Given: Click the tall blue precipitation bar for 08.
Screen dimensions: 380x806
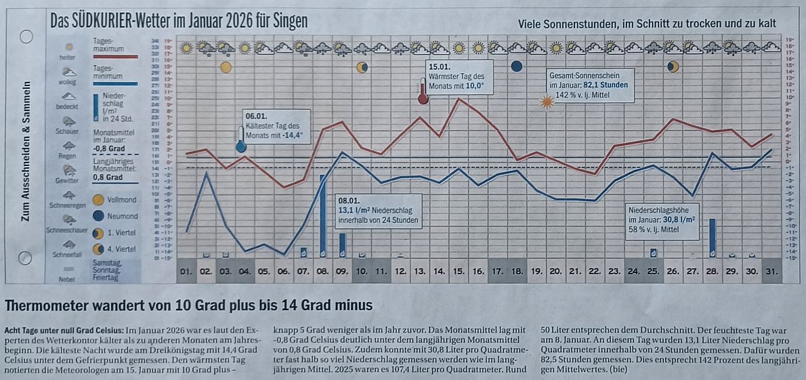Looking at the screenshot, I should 323,216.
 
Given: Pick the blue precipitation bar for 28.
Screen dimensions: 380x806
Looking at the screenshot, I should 713,237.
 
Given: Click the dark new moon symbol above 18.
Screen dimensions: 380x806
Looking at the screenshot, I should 517,66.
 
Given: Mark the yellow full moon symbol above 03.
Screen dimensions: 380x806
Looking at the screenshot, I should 226,67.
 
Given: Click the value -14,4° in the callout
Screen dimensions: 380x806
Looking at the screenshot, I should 291,135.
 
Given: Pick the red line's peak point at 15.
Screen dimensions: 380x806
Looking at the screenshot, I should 459,99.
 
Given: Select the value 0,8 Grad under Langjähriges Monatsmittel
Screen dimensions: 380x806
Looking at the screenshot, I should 108,177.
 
